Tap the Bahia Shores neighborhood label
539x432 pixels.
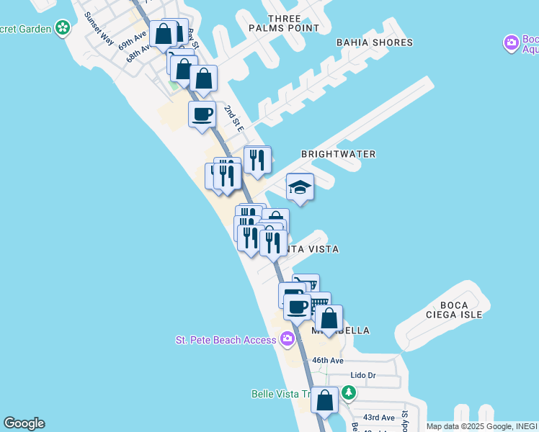375,42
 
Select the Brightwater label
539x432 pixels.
338,154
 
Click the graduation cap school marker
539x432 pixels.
300,188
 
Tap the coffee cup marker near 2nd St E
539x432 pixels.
202,114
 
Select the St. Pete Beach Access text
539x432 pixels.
226,340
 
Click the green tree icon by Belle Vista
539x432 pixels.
349,393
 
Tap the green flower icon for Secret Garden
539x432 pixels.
63,29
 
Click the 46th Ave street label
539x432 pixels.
327,360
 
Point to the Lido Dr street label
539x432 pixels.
362,375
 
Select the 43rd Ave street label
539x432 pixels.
378,418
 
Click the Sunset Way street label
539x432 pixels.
98,28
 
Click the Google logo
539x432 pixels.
24,423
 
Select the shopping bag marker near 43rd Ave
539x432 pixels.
324,400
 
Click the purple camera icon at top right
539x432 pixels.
512,43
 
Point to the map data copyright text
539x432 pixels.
481,426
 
